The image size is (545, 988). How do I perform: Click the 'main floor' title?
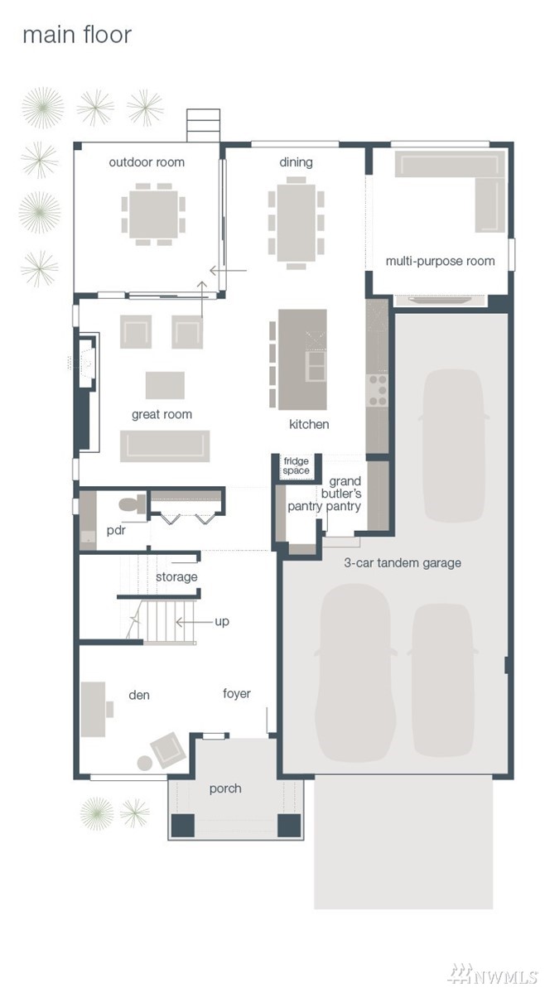(77, 35)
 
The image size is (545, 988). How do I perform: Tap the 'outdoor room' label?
(147, 162)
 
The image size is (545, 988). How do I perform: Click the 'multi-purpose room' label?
(441, 261)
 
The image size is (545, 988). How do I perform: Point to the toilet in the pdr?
(133, 504)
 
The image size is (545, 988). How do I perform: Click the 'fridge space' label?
(297, 465)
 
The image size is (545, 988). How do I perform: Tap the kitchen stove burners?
(378, 390)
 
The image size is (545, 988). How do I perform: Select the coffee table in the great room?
(165, 385)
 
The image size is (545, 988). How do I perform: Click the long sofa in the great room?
(165, 446)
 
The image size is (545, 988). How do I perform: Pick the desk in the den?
(94, 709)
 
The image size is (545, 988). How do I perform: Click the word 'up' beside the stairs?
(222, 621)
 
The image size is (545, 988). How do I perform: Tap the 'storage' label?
(176, 576)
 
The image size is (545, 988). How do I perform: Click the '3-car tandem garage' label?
(402, 562)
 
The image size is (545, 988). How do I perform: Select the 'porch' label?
(225, 788)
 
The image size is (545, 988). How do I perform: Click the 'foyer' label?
(237, 694)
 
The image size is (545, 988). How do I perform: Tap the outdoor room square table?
(154, 214)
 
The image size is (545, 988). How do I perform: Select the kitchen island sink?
(316, 365)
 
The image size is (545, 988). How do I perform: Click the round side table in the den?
(145, 763)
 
